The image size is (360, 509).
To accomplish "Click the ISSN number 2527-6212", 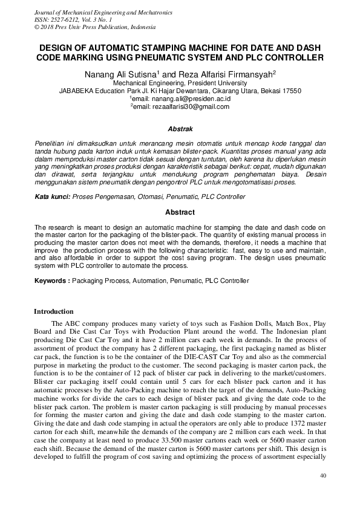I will [x=62, y=20].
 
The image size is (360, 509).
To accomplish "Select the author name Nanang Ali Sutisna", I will [x=116, y=73].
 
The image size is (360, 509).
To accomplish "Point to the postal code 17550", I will [x=289, y=91].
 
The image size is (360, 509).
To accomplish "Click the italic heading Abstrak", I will [x=180, y=129].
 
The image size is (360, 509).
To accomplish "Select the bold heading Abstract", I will [x=180, y=212].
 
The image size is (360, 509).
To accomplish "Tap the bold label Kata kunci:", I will [x=53, y=197].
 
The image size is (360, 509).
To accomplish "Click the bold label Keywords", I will [x=51, y=280].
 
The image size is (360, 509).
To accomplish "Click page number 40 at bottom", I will [x=322, y=476].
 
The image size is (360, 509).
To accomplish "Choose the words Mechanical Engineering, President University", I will [x=180, y=83].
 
